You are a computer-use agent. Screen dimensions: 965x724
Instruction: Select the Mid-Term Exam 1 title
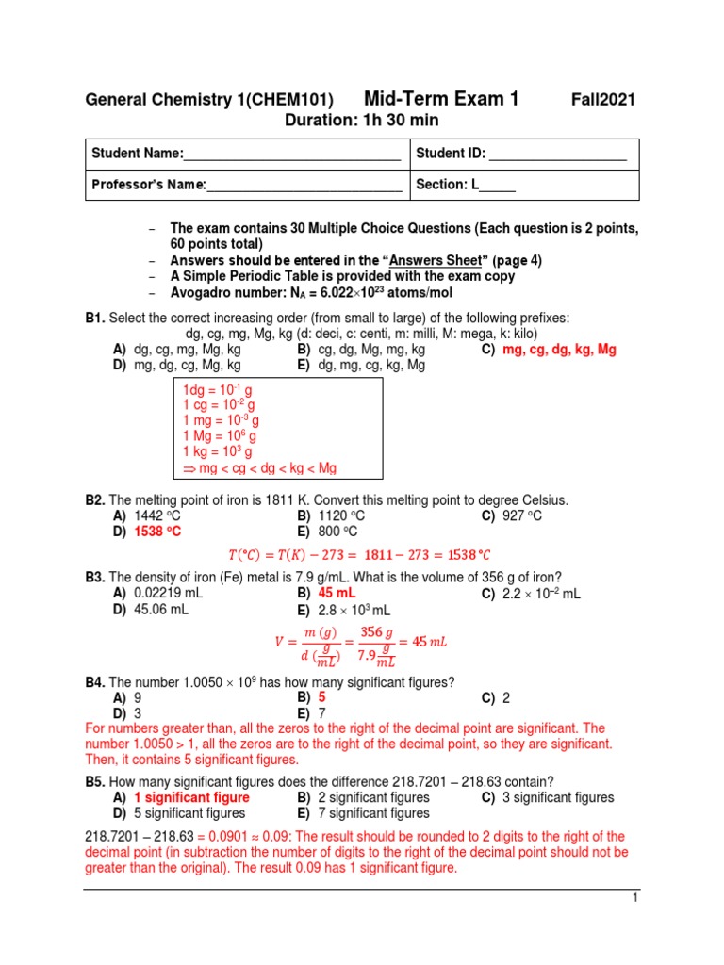coord(441,99)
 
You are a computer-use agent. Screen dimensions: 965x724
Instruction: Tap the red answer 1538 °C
coord(157,532)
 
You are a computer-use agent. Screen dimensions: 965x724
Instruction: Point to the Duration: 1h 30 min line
coord(361,121)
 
